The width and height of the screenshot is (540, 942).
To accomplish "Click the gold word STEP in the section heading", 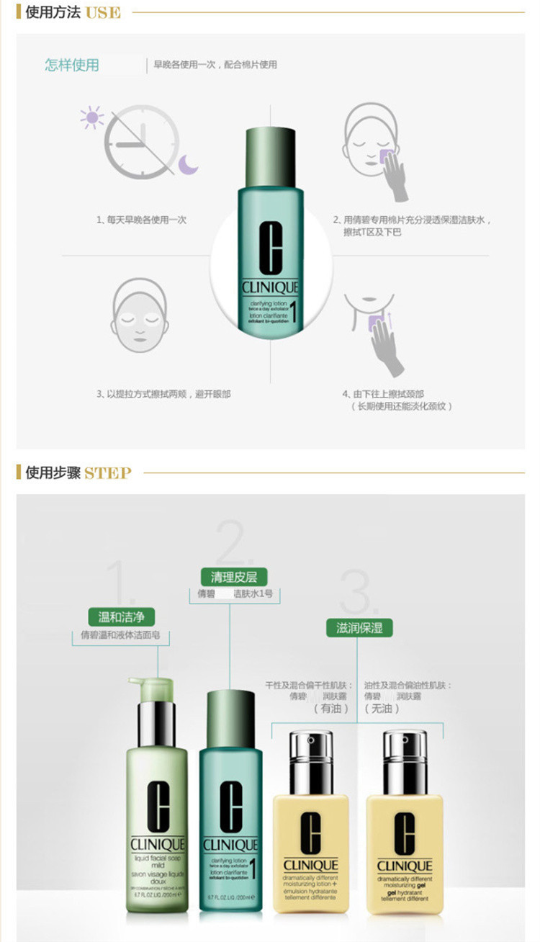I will [x=108, y=473].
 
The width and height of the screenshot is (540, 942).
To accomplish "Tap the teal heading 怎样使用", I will [x=72, y=65].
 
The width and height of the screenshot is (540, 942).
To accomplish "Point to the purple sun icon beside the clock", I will [x=91, y=117].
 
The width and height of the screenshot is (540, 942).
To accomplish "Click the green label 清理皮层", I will [x=229, y=576].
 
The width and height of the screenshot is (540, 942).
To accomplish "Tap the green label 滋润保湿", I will [x=354, y=627].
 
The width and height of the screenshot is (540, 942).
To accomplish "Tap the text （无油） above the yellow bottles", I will [x=383, y=708].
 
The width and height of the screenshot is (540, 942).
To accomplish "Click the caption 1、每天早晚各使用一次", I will [x=141, y=220].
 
